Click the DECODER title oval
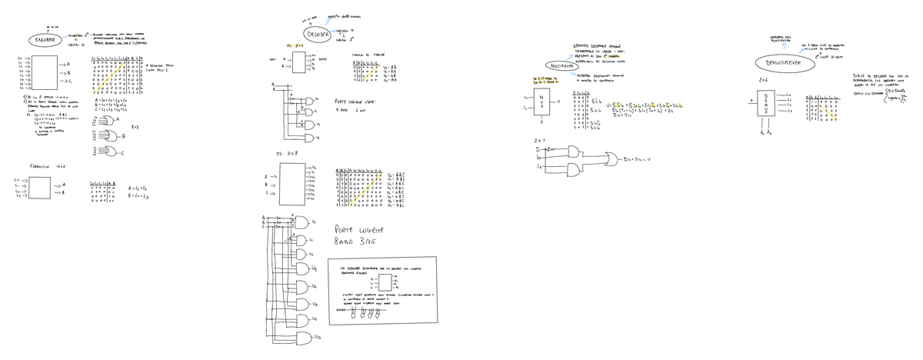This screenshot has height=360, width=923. point(318,35)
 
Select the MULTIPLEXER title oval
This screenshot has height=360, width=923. point(563,66)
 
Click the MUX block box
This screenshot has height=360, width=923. point(541,102)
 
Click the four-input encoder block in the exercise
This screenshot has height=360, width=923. point(61,188)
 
